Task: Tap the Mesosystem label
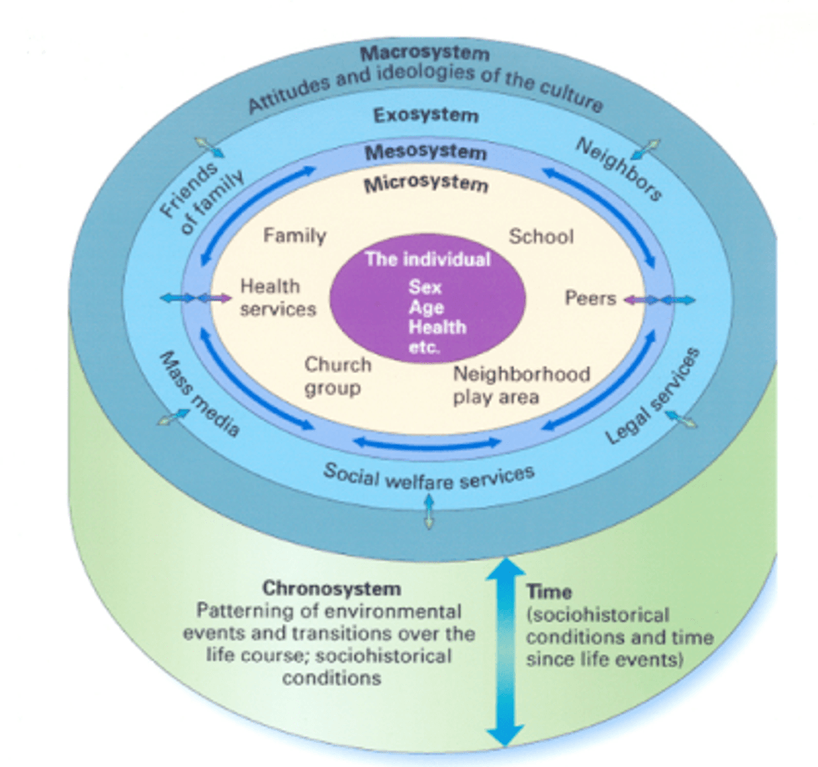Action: coord(426,152)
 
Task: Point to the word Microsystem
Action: coord(426,184)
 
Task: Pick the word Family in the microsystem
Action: coord(295,236)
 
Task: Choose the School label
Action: coord(542,237)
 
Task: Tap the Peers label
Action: coord(590,298)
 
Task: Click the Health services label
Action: coord(278,298)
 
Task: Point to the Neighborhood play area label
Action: coord(521,384)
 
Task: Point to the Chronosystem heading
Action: coord(332,588)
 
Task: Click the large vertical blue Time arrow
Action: coord(503,651)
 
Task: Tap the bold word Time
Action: coord(549,593)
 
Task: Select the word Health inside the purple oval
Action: coord(437,327)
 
